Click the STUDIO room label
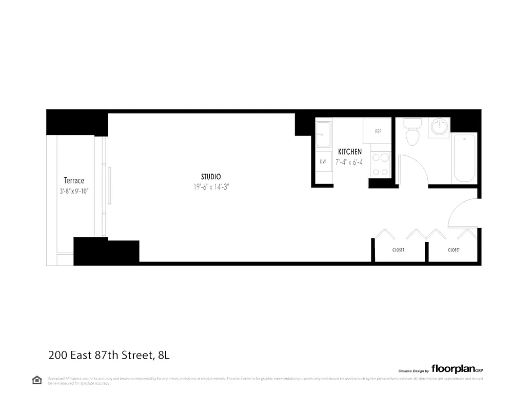[211, 177]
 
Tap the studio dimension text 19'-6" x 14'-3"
[211, 187]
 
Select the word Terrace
[74, 180]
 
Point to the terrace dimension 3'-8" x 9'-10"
[74, 191]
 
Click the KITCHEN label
[350, 152]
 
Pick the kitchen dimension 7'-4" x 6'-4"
[350, 161]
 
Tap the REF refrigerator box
[378, 131]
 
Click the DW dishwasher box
[323, 161]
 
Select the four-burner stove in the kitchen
[380, 165]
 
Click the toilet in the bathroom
[411, 133]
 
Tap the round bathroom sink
[440, 126]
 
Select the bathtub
[464, 157]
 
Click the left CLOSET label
[398, 250]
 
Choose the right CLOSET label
[454, 250]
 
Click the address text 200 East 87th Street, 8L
[113, 354]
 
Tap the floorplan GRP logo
[457, 368]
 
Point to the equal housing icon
[37, 380]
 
